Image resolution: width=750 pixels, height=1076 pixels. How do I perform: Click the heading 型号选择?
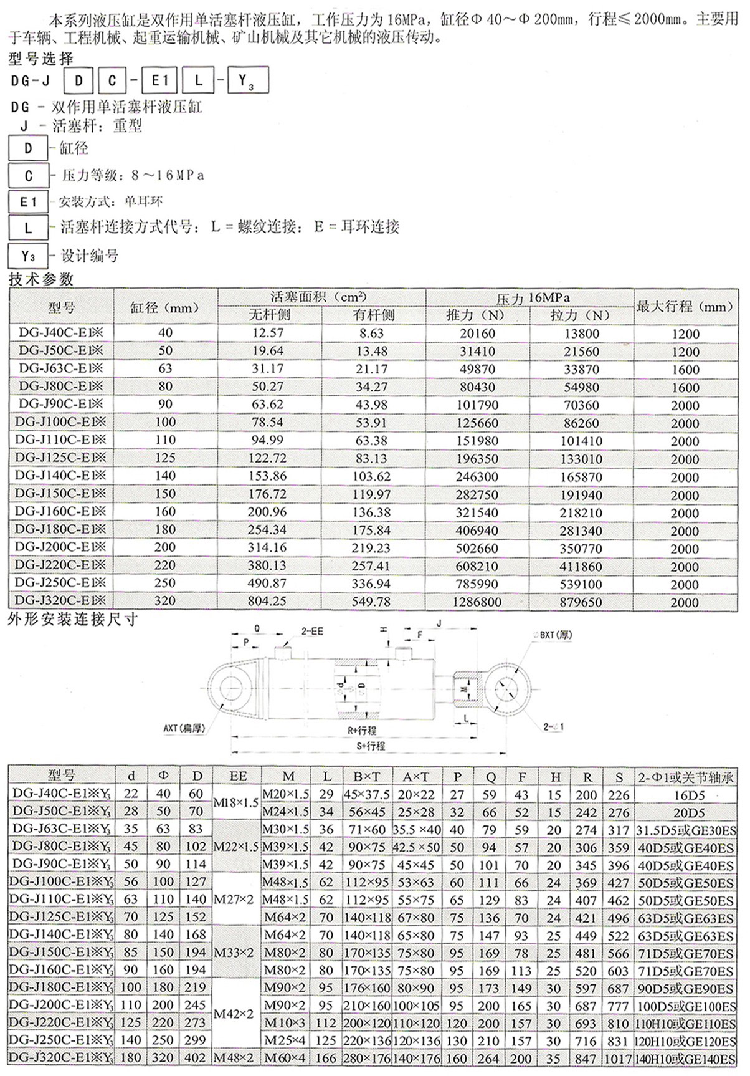point(41,59)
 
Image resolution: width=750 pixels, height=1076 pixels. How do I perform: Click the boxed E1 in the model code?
point(159,80)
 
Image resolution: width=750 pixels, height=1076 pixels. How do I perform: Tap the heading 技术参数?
point(41,279)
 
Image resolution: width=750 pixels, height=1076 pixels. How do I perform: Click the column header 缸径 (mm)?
point(164,307)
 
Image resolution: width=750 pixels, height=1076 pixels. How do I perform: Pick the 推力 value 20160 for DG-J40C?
point(477,334)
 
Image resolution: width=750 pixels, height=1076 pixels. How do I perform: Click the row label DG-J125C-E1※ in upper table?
point(60,458)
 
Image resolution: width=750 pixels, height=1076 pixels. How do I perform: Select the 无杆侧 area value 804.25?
point(268,602)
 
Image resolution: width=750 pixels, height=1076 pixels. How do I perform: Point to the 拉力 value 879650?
point(581,602)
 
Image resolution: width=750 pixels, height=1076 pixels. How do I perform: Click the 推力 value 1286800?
point(477,602)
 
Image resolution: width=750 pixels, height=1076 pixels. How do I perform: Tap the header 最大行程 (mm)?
point(685,307)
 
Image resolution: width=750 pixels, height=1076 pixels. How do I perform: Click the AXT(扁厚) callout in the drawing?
point(184,728)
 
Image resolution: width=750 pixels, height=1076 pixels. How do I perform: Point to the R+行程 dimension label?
point(362,730)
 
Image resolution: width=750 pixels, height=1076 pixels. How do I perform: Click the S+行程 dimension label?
point(371,746)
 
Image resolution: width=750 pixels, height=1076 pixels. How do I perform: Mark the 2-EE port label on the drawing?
point(312,632)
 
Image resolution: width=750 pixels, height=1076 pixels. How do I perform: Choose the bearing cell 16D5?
point(689,795)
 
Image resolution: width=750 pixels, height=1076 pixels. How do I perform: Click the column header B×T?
point(366,777)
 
